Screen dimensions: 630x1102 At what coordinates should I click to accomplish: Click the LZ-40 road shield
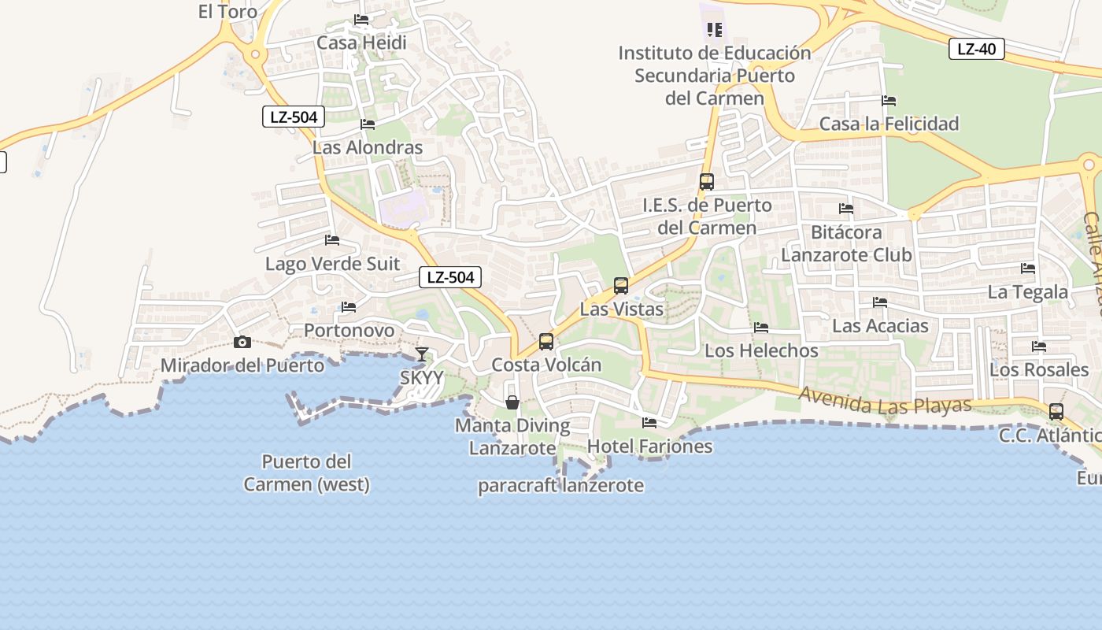coord(976,49)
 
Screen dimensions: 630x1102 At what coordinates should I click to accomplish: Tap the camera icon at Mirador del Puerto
coord(242,342)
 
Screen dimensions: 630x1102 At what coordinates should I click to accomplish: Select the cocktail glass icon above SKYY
coord(422,354)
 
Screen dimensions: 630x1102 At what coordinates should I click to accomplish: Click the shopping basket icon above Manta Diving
coord(512,402)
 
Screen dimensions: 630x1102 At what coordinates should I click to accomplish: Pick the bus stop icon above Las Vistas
coord(621,285)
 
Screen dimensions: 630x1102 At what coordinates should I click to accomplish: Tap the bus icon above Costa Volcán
coord(546,341)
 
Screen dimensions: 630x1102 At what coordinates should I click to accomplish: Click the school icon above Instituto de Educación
coord(715,30)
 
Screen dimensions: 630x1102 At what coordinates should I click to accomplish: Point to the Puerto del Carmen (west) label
coord(307,472)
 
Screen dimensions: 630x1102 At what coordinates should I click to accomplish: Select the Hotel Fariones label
coord(650,446)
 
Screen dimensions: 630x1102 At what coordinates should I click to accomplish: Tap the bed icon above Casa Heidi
coord(361,20)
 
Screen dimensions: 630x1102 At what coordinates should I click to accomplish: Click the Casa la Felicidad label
coord(889,124)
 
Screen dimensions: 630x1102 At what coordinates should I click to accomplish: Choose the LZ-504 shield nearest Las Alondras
coord(293,117)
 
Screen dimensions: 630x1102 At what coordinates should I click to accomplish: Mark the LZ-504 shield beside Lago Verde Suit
coord(450,277)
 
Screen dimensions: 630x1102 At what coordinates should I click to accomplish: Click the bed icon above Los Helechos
coord(760,327)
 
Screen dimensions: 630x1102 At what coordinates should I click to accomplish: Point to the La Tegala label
coord(1028,292)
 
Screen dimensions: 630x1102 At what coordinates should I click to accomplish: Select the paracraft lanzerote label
coord(561,485)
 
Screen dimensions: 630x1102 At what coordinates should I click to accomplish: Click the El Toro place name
coord(227,11)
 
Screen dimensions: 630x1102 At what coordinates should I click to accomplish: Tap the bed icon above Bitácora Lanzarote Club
coord(846,209)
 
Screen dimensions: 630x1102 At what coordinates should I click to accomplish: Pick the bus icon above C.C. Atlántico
coord(1056,411)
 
